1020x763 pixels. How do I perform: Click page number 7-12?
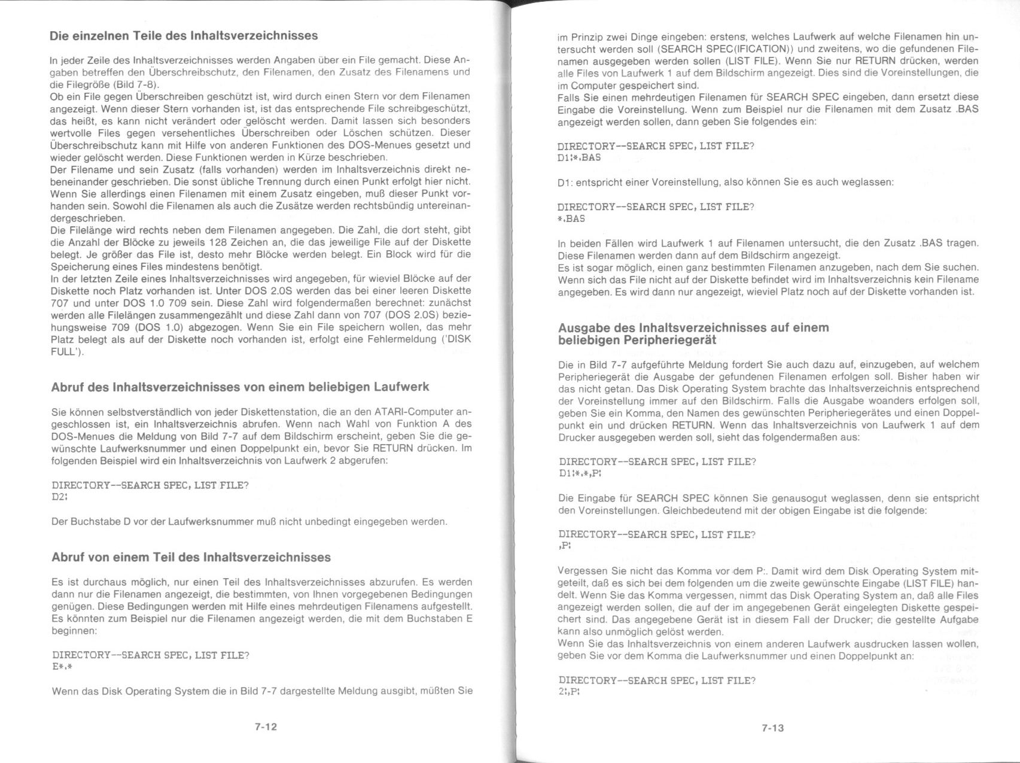pos(265,727)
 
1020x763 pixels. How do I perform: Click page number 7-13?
pos(772,728)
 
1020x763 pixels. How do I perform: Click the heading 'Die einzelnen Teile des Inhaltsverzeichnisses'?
pos(184,36)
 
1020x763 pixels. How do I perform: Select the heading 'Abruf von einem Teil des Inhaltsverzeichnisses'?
pos(191,557)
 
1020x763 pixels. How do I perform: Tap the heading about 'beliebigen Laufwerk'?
pos(240,387)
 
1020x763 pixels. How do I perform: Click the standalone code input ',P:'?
pos(565,546)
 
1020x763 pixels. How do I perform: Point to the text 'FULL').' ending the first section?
pos(67,352)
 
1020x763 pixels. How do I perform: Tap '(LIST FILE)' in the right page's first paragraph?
pos(753,61)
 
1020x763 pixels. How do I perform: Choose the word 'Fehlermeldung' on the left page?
pos(394,339)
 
